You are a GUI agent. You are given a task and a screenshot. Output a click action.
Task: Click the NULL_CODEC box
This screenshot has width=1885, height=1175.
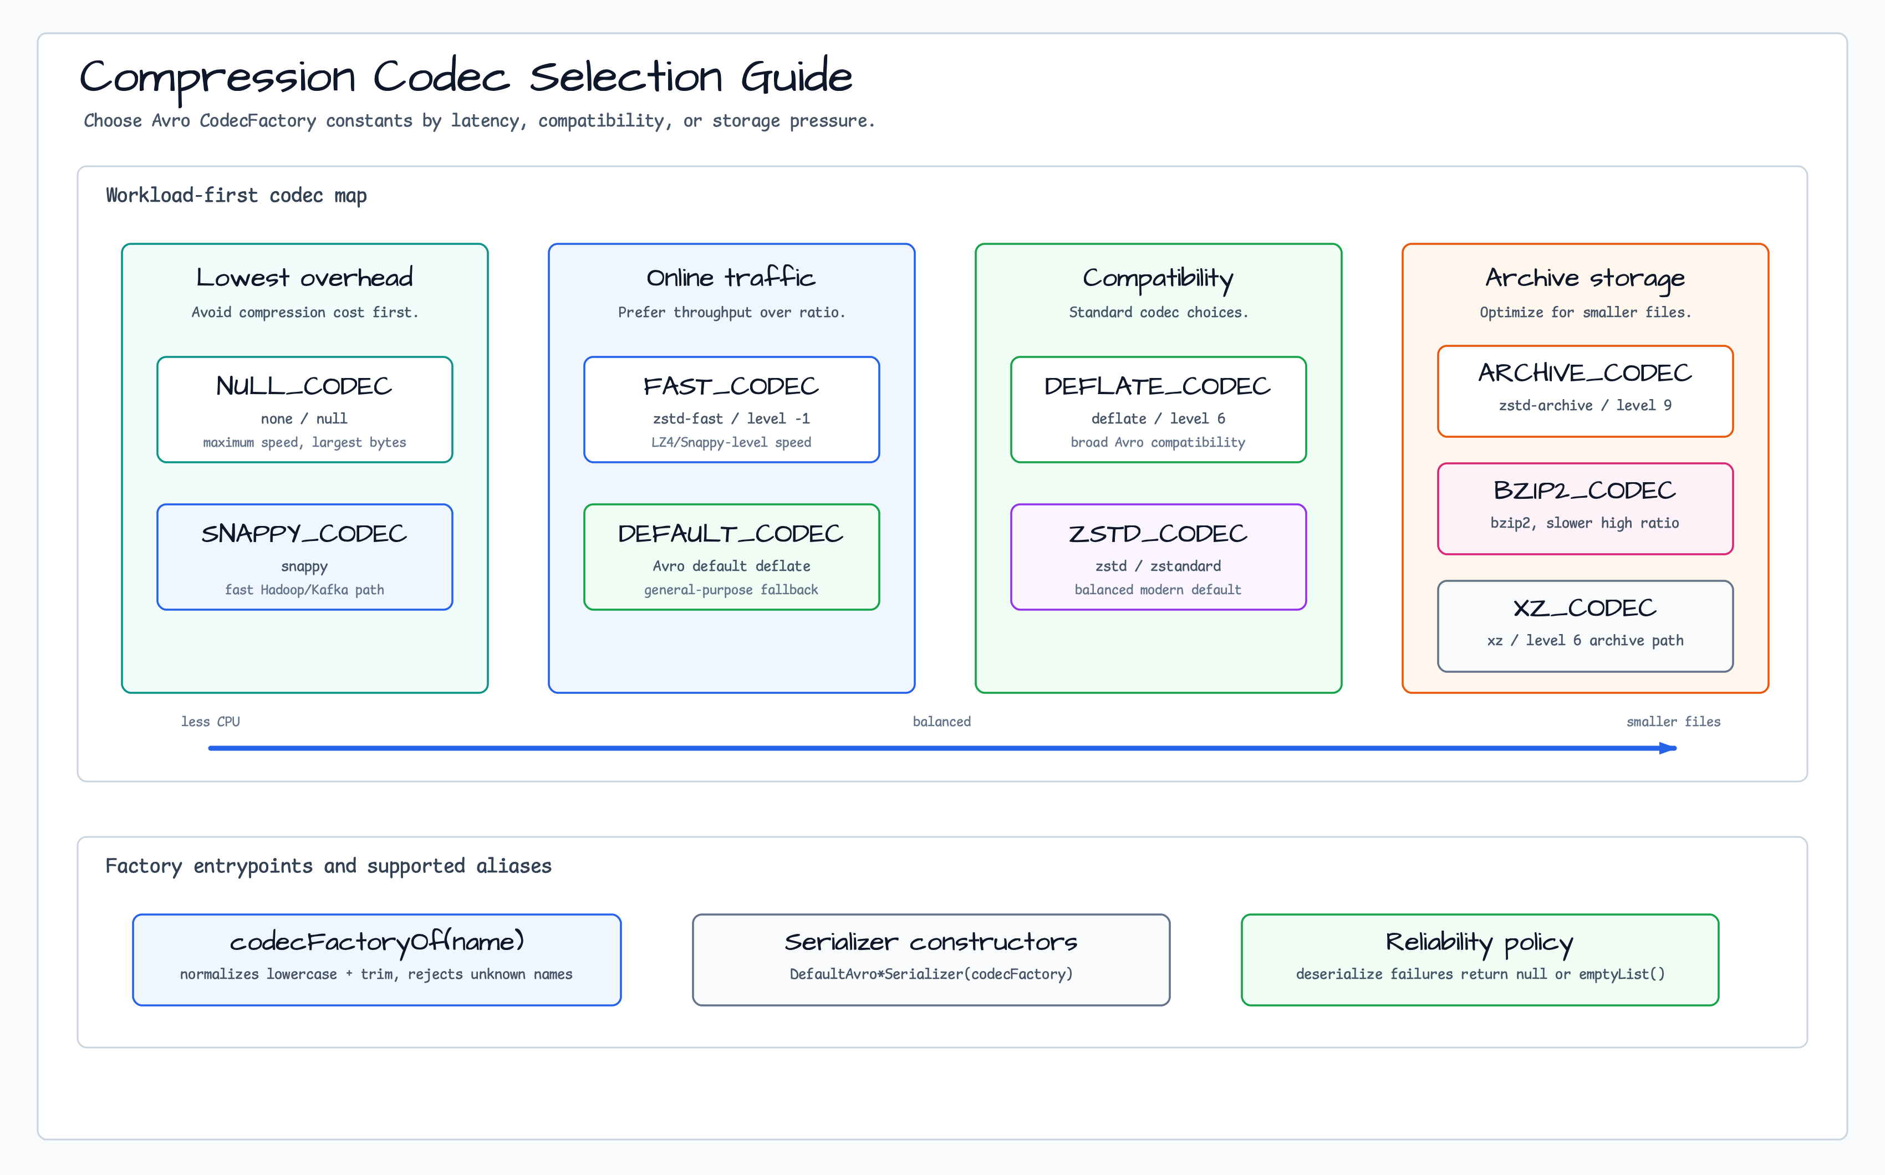pos(305,410)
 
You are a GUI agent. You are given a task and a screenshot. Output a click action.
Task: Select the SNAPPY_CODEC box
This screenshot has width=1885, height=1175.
pos(305,557)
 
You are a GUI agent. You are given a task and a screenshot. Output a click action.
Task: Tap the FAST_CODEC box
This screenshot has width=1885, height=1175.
pos(731,410)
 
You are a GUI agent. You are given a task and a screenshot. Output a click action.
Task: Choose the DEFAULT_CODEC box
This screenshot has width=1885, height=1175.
pos(731,557)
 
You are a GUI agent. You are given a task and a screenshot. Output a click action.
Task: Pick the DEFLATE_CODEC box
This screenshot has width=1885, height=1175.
pos(1158,410)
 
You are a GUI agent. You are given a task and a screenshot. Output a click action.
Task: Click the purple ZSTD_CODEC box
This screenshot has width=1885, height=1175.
pos(1158,557)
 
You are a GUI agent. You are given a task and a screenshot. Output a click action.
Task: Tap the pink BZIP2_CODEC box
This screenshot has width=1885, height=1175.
pos(1585,509)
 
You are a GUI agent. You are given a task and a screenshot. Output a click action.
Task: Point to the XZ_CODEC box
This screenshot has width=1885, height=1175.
pos(1585,626)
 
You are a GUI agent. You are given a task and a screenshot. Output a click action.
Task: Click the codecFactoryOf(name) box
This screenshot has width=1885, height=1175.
pos(377,960)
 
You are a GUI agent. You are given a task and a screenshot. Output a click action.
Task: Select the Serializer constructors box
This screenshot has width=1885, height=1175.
pos(931,960)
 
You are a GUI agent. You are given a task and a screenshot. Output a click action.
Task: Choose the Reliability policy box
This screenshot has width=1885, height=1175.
pos(1480,960)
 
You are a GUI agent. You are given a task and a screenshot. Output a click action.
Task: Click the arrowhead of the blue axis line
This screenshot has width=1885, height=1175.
pos(1668,748)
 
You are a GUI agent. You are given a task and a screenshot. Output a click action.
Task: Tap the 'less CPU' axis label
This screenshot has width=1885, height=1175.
pos(211,722)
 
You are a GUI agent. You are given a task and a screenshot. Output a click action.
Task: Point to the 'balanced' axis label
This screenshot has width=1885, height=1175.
pos(942,722)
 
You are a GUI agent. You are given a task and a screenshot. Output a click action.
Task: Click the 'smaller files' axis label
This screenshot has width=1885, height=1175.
pos(1674,722)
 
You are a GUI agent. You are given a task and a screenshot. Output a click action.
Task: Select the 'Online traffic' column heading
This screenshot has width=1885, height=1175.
pos(731,278)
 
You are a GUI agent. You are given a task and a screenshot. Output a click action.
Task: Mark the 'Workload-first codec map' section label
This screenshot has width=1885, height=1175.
pos(236,196)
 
